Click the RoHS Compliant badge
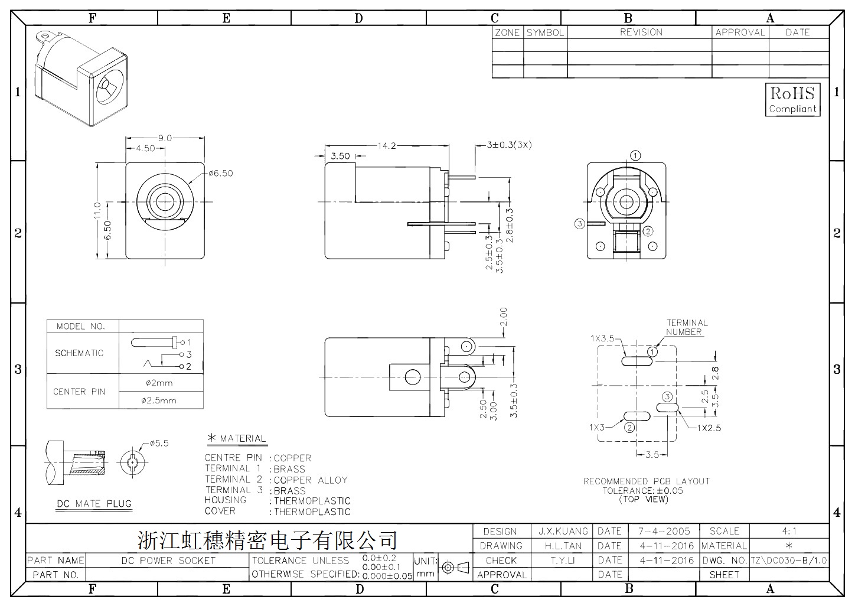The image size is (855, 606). pos(792,100)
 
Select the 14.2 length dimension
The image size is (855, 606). pos(387,146)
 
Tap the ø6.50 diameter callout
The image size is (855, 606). pos(221,174)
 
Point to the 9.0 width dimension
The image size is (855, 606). pos(165,138)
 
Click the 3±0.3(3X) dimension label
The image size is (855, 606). pos(509,145)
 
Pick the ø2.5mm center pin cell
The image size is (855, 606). pos(159,400)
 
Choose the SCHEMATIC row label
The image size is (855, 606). pos(79,353)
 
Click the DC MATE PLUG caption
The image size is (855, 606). pos(94,504)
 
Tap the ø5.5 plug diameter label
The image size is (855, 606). pos(159,444)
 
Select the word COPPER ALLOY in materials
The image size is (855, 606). pos(311,480)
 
